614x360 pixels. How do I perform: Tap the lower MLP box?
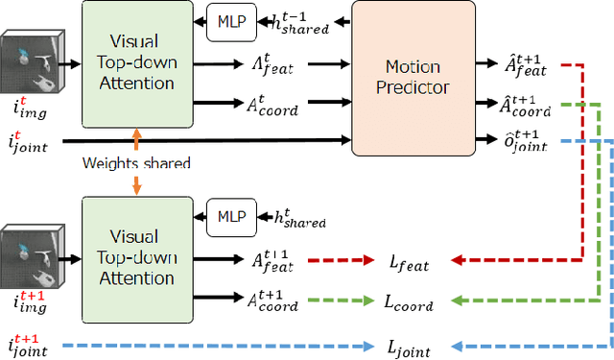point(231,218)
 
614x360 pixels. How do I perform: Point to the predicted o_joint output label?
point(527,142)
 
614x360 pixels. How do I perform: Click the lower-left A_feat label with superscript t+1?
point(275,259)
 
